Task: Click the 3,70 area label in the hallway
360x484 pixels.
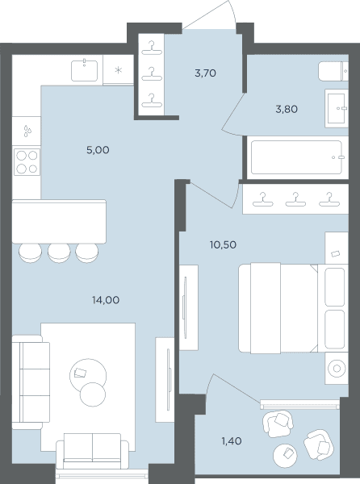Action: coord(205,73)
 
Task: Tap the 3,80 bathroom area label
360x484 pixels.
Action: coord(287,109)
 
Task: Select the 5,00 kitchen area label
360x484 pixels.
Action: coord(98,150)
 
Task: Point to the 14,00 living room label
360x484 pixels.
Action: coord(106,300)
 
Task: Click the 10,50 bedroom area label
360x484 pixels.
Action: coord(223,244)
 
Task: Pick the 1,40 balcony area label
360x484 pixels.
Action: coord(232,441)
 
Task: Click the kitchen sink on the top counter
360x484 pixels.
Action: coord(84,71)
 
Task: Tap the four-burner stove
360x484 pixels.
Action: coord(27,162)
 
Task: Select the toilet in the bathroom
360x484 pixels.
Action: coord(333,71)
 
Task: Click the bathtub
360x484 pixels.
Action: coord(296,157)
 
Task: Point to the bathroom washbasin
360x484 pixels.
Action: coord(337,108)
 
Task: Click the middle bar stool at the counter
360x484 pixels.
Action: coord(59,252)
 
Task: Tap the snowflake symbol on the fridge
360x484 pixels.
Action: coord(118,70)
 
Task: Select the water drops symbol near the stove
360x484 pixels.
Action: coord(27,131)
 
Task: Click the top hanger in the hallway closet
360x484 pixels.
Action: coord(151,48)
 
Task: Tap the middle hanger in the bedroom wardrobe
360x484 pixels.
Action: coord(295,199)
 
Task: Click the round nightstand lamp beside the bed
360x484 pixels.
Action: coord(337,369)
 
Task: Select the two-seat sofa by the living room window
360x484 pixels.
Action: coord(92,451)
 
